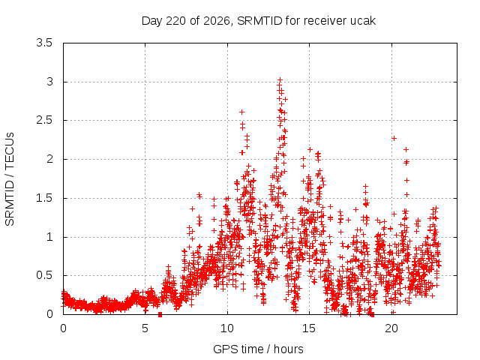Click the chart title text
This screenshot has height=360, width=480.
pos(259,21)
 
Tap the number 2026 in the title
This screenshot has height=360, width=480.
pos(217,21)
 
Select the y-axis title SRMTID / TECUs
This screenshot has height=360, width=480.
pos(10,179)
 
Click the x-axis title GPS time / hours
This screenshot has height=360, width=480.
pos(258,349)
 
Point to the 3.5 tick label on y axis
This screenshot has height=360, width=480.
pos(44,43)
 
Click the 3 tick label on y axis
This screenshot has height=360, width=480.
pos(49,82)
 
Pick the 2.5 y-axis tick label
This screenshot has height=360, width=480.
pos(44,120)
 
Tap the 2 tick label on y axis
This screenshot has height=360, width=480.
pos(49,159)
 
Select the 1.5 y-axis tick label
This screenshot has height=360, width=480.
pos(44,198)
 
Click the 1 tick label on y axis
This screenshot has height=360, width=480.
pos(49,237)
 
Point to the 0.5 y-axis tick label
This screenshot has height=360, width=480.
pos(44,275)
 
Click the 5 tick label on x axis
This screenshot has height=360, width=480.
pos(145,328)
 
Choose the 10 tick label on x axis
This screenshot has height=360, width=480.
pos(227,328)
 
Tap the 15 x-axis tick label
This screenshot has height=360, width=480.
pos(309,328)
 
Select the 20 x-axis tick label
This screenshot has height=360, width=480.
pos(391,328)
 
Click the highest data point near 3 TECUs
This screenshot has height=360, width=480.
pos(280,80)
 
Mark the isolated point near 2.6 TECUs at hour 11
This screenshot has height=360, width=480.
pos(241,112)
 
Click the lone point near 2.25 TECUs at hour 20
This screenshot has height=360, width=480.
pos(394,138)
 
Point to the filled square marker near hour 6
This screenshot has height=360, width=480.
pos(160,314)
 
